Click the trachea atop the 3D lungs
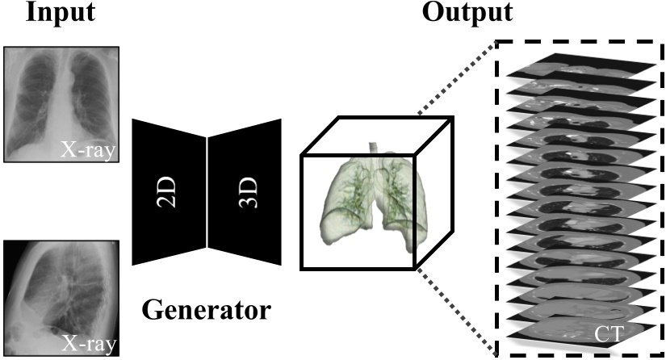[373, 150]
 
